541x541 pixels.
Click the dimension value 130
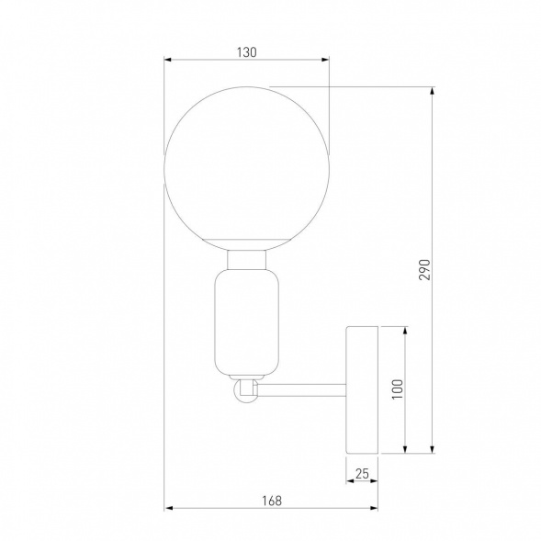tap(245, 52)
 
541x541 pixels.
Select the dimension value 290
tap(424, 268)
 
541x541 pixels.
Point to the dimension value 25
tap(362, 473)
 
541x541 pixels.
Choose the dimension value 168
tap(270, 501)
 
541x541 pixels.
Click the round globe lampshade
tap(246, 171)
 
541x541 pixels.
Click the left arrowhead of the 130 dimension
tap(168, 62)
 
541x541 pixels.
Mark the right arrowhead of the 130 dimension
tap(325, 62)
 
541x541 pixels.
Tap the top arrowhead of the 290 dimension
tap(431, 92)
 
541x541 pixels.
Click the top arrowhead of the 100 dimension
tap(404, 329)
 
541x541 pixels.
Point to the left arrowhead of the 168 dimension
tap(168, 509)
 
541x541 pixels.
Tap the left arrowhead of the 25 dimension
tap(350, 481)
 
